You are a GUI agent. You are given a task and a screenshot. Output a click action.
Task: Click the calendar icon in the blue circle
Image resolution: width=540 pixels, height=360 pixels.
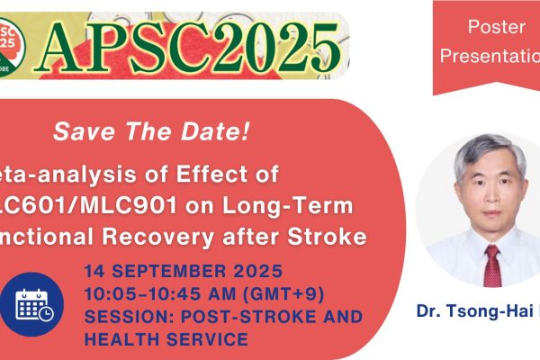tap(33, 304)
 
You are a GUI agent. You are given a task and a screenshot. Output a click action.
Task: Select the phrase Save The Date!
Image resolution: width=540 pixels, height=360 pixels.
tap(151, 132)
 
